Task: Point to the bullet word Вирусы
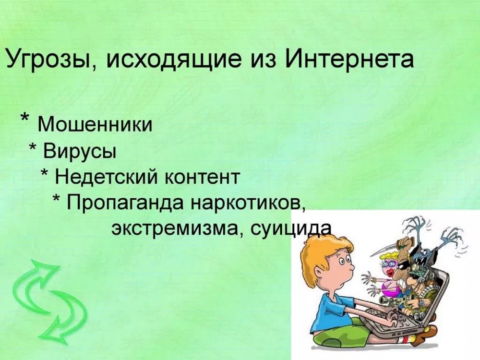(80, 151)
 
